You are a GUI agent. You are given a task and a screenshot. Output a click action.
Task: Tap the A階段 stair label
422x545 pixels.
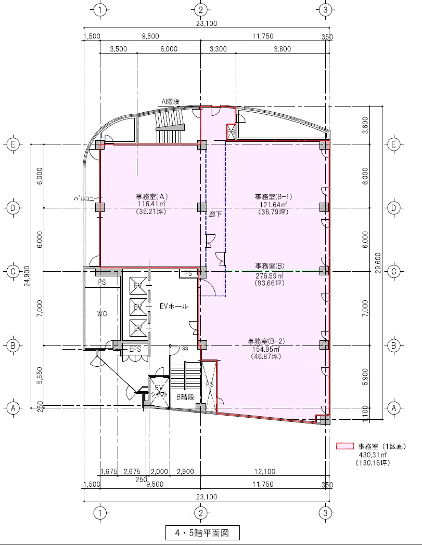pyautogui.click(x=170, y=102)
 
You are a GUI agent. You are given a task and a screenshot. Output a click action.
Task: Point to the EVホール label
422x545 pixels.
pyautogui.click(x=174, y=307)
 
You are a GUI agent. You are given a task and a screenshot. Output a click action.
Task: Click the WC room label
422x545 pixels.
pyautogui.click(x=102, y=314)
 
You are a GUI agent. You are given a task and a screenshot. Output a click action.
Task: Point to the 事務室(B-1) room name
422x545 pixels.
pyautogui.click(x=273, y=196)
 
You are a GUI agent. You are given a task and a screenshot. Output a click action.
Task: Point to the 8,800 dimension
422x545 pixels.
pyautogui.click(x=282, y=49)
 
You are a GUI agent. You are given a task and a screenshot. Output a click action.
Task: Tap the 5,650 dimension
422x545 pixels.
pyautogui.click(x=40, y=376)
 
